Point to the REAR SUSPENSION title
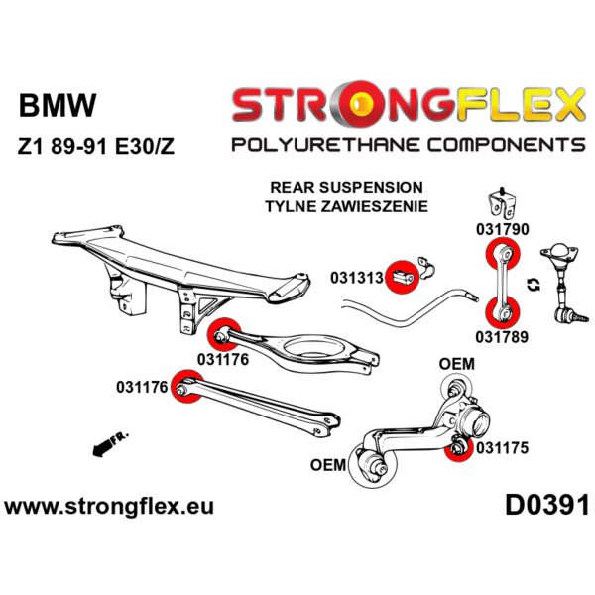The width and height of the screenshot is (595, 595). pos(346,187)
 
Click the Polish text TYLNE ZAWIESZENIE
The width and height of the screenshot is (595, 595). pos(346,207)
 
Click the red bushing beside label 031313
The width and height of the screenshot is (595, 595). pos(402,274)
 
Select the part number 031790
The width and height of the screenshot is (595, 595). pos(504,228)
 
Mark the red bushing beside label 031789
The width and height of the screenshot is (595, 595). pos(503,313)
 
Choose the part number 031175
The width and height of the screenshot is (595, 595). pos(502,447)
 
